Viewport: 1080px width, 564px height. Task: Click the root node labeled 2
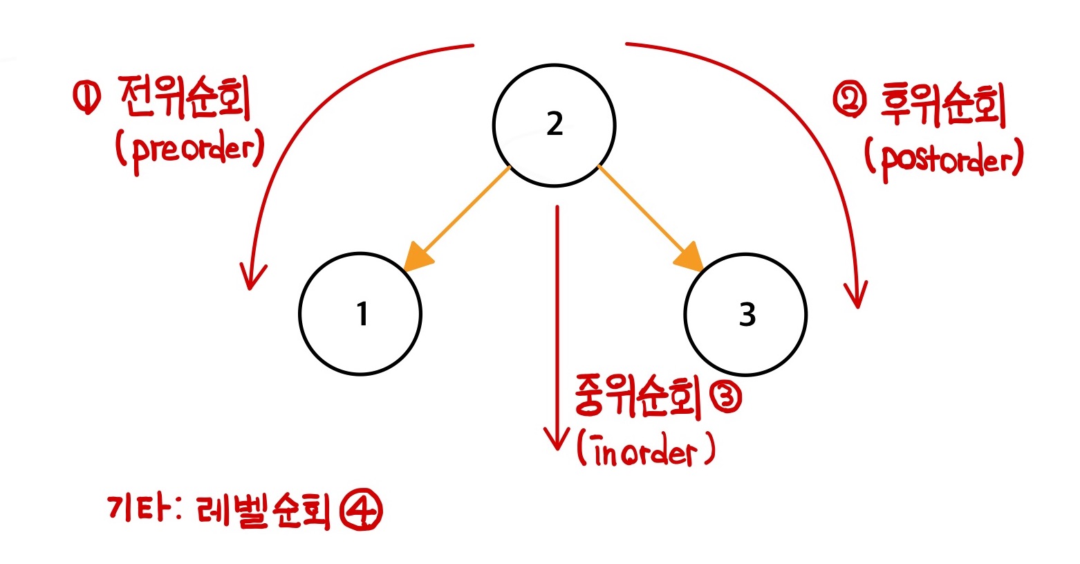point(554,125)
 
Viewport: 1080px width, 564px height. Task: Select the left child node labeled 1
point(360,314)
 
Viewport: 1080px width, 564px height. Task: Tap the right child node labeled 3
point(745,314)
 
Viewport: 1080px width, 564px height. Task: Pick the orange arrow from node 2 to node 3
point(647,215)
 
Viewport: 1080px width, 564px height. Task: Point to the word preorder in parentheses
point(190,149)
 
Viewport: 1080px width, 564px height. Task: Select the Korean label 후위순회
point(943,106)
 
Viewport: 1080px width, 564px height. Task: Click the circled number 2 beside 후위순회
point(848,102)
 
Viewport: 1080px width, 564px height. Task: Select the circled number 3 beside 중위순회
point(724,399)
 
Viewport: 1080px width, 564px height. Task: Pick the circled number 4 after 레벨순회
point(362,512)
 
